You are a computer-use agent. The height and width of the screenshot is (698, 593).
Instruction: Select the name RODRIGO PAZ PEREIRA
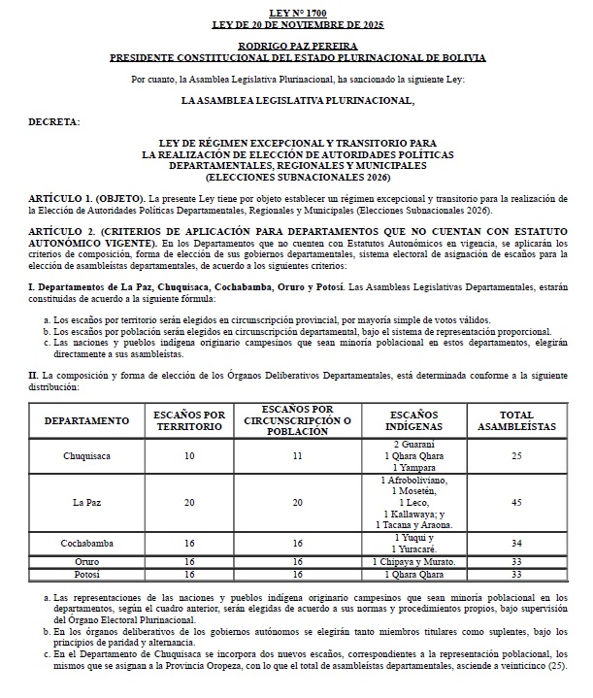point(296,46)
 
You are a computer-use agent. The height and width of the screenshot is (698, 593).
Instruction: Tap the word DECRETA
point(54,122)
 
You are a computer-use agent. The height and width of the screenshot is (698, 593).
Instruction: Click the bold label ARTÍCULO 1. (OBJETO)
point(86,198)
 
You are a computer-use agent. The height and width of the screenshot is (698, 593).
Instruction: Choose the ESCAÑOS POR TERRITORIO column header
point(189,420)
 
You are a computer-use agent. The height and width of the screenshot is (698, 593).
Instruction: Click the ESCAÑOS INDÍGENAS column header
point(414,420)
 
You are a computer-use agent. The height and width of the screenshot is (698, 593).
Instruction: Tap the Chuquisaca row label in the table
point(86,455)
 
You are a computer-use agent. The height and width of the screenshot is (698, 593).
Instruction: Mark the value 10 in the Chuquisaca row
point(189,455)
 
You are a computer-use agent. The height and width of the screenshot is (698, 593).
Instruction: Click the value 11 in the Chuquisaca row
point(298,455)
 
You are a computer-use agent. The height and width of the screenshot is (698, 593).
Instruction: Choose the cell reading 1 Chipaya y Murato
point(414,562)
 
